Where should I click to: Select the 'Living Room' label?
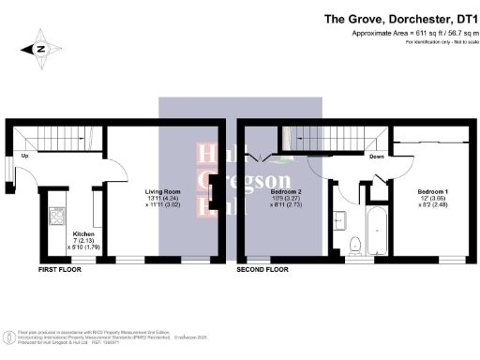click(162, 191)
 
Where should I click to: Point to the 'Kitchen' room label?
click(83, 233)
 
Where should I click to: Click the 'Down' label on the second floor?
click(377, 157)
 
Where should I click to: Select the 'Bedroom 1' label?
click(435, 192)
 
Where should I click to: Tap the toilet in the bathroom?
click(354, 246)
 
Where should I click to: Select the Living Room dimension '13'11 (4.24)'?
click(162, 198)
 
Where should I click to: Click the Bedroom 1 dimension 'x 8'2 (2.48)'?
click(435, 205)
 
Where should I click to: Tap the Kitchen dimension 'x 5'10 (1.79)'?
click(83, 247)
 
